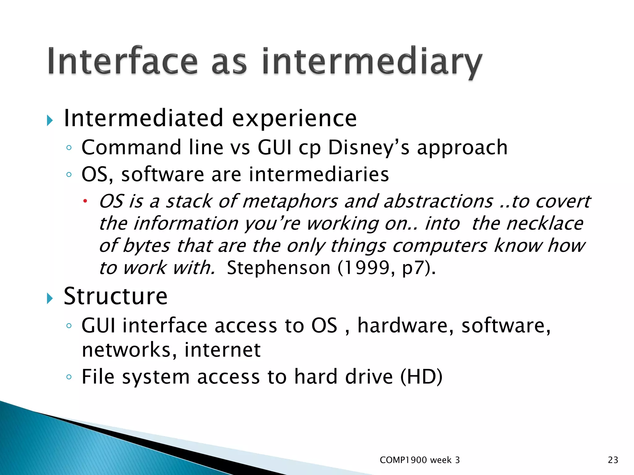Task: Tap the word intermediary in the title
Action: click(371, 62)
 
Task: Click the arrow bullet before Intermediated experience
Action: click(50, 120)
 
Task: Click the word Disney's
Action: click(368, 148)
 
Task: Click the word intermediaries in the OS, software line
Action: click(319, 174)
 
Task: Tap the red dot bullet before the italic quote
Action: click(85, 202)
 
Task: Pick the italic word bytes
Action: click(146, 246)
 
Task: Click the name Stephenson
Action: click(279, 268)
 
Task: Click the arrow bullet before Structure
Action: click(50, 298)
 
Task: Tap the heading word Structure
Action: click(115, 297)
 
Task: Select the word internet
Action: click(222, 350)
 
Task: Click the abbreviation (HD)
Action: click(421, 377)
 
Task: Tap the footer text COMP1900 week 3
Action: click(419, 460)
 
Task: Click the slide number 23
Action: click(613, 460)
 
